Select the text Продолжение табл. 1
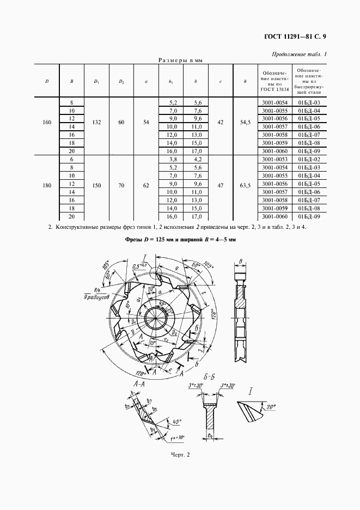pyautogui.click(x=299, y=54)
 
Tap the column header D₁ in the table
pyautogui.click(x=96, y=81)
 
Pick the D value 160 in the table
pyautogui.click(x=47, y=123)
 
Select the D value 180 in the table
pyautogui.click(x=47, y=186)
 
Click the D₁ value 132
pyautogui.click(x=96, y=123)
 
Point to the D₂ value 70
pyautogui.click(x=121, y=186)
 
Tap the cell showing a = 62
pyautogui.click(x=146, y=186)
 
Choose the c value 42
pyautogui.click(x=221, y=123)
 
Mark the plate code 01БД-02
pyautogui.click(x=309, y=159)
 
